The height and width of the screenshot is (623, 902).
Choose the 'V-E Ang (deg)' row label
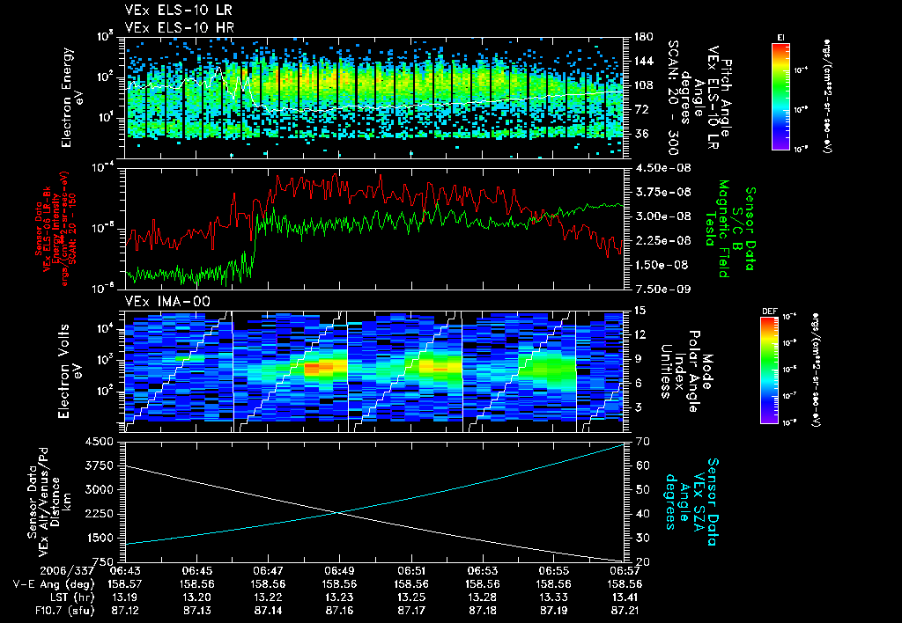(x=53, y=583)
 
